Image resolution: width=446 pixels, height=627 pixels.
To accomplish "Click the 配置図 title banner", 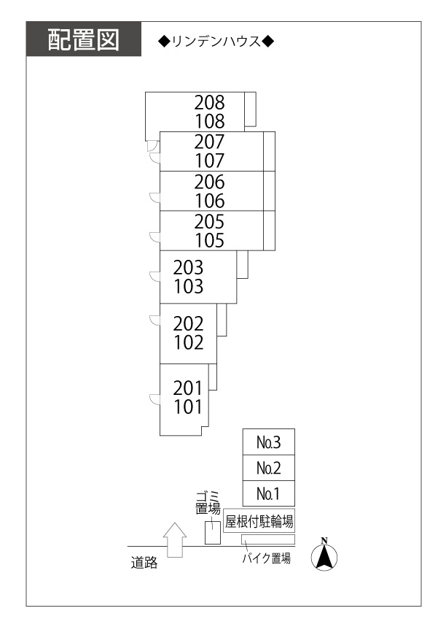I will click(83, 39).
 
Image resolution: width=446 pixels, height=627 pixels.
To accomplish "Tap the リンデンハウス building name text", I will click(216, 41).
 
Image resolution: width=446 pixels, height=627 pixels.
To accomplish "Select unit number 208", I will click(210, 102).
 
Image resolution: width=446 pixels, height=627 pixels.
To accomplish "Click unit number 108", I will click(210, 121).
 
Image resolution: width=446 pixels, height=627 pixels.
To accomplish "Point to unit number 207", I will click(210, 142).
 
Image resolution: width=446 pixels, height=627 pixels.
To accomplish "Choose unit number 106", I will click(210, 201).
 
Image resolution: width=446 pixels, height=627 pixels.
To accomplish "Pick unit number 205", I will click(210, 221).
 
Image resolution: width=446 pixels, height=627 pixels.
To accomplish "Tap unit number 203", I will click(189, 267).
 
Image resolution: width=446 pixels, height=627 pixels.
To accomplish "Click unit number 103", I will click(189, 286).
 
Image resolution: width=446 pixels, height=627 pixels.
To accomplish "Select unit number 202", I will click(189, 323).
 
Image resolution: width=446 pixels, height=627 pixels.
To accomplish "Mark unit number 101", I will click(188, 407).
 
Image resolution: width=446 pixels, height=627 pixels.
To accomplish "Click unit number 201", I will click(188, 388).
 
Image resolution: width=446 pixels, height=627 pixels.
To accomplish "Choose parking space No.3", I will click(268, 442).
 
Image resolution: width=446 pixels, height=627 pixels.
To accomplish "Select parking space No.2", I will click(268, 468).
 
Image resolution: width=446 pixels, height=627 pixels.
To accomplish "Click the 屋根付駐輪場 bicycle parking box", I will click(259, 521).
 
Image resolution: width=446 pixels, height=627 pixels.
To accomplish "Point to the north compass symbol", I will click(324, 555).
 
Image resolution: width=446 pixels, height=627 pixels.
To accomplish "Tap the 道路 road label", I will click(144, 562).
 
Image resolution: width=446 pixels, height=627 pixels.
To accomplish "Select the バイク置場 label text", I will click(267, 559).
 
